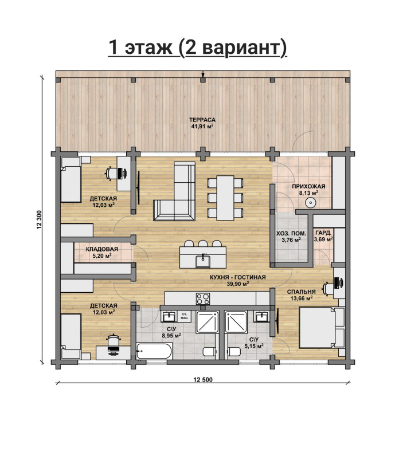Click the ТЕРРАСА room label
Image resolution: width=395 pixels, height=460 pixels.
(202, 120)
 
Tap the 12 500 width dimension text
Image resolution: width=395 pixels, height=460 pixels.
(202, 380)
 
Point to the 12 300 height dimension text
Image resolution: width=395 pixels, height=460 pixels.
(40, 220)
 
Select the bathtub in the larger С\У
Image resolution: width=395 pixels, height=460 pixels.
(154, 351)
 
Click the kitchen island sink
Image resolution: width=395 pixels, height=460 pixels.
(203, 261)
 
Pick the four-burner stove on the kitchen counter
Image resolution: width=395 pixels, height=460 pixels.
(203, 298)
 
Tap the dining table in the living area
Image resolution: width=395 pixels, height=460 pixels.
(225, 198)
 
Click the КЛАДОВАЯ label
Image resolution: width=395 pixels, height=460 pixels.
(102, 249)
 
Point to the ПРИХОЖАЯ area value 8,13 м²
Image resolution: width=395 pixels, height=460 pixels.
(308, 192)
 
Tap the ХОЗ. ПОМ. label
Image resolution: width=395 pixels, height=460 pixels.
(291, 234)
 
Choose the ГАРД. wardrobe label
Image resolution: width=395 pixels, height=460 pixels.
(323, 233)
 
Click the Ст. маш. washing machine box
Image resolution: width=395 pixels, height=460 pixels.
(184, 316)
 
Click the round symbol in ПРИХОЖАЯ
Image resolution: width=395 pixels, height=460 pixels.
(310, 202)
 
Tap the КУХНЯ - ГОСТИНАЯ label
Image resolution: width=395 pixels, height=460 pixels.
(237, 277)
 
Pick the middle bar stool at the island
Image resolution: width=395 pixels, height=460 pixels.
(203, 243)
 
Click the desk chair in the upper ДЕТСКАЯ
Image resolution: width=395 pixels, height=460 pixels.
(111, 173)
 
